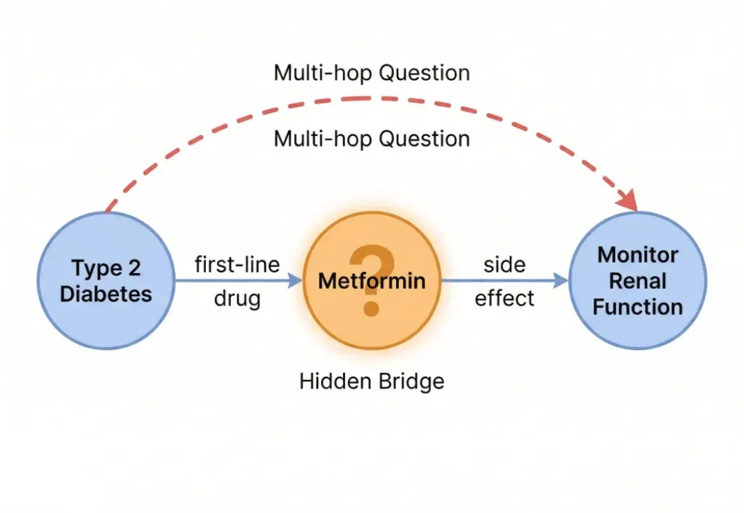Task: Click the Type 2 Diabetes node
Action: click(106, 281)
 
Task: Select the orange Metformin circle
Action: click(372, 281)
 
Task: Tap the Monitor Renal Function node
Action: click(638, 281)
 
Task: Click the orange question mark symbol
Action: click(371, 280)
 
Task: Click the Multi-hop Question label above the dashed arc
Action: click(372, 73)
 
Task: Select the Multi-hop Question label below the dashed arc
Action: click(372, 139)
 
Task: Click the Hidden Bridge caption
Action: click(372, 381)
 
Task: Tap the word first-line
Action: click(237, 265)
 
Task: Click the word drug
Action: click(237, 299)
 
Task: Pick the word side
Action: click(505, 265)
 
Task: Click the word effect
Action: click(505, 299)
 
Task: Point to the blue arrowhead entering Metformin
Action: click(295, 280)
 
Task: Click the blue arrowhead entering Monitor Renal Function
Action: click(561, 280)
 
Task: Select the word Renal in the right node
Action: click(638, 281)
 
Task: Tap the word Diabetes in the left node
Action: click(106, 294)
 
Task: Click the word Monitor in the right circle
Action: click(638, 255)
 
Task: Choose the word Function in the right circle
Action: click(638, 307)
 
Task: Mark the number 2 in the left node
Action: click(134, 268)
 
